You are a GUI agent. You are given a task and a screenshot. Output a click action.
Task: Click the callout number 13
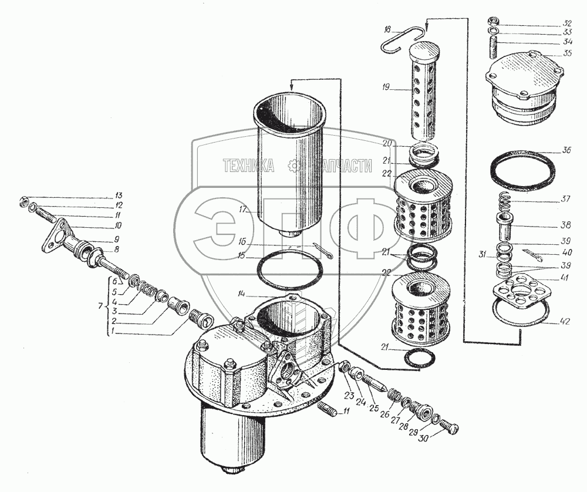click(x=118, y=195)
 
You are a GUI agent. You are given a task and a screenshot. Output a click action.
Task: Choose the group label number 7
click(x=100, y=306)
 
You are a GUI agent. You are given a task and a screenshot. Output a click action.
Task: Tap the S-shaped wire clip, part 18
click(x=404, y=38)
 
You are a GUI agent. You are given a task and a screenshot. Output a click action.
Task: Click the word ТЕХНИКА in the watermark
click(x=248, y=167)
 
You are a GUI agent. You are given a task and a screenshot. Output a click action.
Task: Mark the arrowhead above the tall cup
click(x=291, y=86)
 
